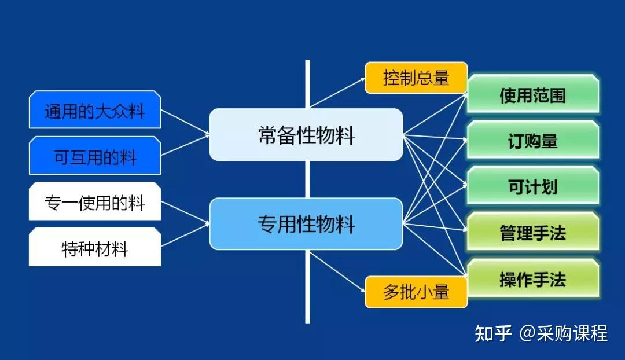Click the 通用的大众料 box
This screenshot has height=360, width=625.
click(x=94, y=110)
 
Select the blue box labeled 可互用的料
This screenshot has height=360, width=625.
click(x=94, y=156)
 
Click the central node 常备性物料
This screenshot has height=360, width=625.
click(x=306, y=135)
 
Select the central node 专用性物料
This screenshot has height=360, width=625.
click(x=306, y=224)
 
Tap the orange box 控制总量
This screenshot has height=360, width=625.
click(x=416, y=78)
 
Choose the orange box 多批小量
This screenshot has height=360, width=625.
click(x=416, y=292)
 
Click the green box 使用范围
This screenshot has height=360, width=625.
click(x=532, y=95)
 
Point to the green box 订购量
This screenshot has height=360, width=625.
click(x=532, y=141)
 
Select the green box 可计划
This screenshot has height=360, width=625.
click(x=532, y=186)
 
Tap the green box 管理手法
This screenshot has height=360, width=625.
click(x=532, y=233)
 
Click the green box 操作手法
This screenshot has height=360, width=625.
click(x=532, y=279)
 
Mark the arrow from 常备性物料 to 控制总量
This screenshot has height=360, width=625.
click(x=338, y=93)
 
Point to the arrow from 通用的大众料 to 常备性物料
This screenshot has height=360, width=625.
click(x=185, y=123)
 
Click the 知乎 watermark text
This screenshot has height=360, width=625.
click(x=493, y=333)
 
